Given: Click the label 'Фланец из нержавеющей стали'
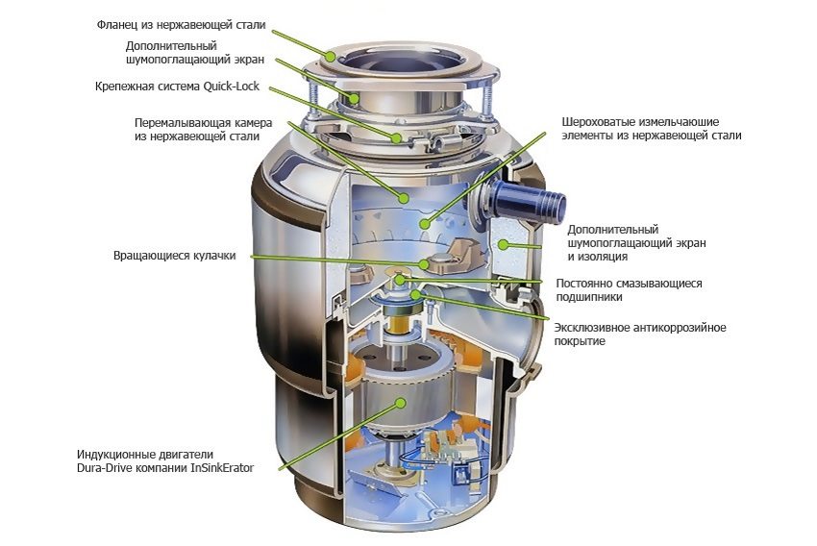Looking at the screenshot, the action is [181, 25].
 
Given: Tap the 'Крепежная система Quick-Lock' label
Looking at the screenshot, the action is [177, 87].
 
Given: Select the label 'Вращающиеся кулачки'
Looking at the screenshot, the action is [175, 256].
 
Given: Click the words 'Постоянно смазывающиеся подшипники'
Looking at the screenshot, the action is [629, 290].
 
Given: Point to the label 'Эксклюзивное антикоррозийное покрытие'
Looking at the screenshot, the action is [640, 335].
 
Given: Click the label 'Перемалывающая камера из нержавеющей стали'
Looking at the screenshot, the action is [203, 130].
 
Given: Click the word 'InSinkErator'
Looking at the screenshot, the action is [222, 468].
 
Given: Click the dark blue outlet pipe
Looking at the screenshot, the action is [528, 201].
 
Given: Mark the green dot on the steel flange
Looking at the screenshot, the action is [331, 55].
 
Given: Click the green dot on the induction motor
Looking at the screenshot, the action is [400, 403].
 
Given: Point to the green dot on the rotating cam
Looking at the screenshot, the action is [424, 264].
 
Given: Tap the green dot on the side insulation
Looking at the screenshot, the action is [503, 243].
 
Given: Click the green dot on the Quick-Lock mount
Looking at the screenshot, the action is [397, 138].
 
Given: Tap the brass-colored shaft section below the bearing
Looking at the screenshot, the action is [400, 324].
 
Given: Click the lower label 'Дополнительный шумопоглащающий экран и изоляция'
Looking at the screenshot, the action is [636, 243].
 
